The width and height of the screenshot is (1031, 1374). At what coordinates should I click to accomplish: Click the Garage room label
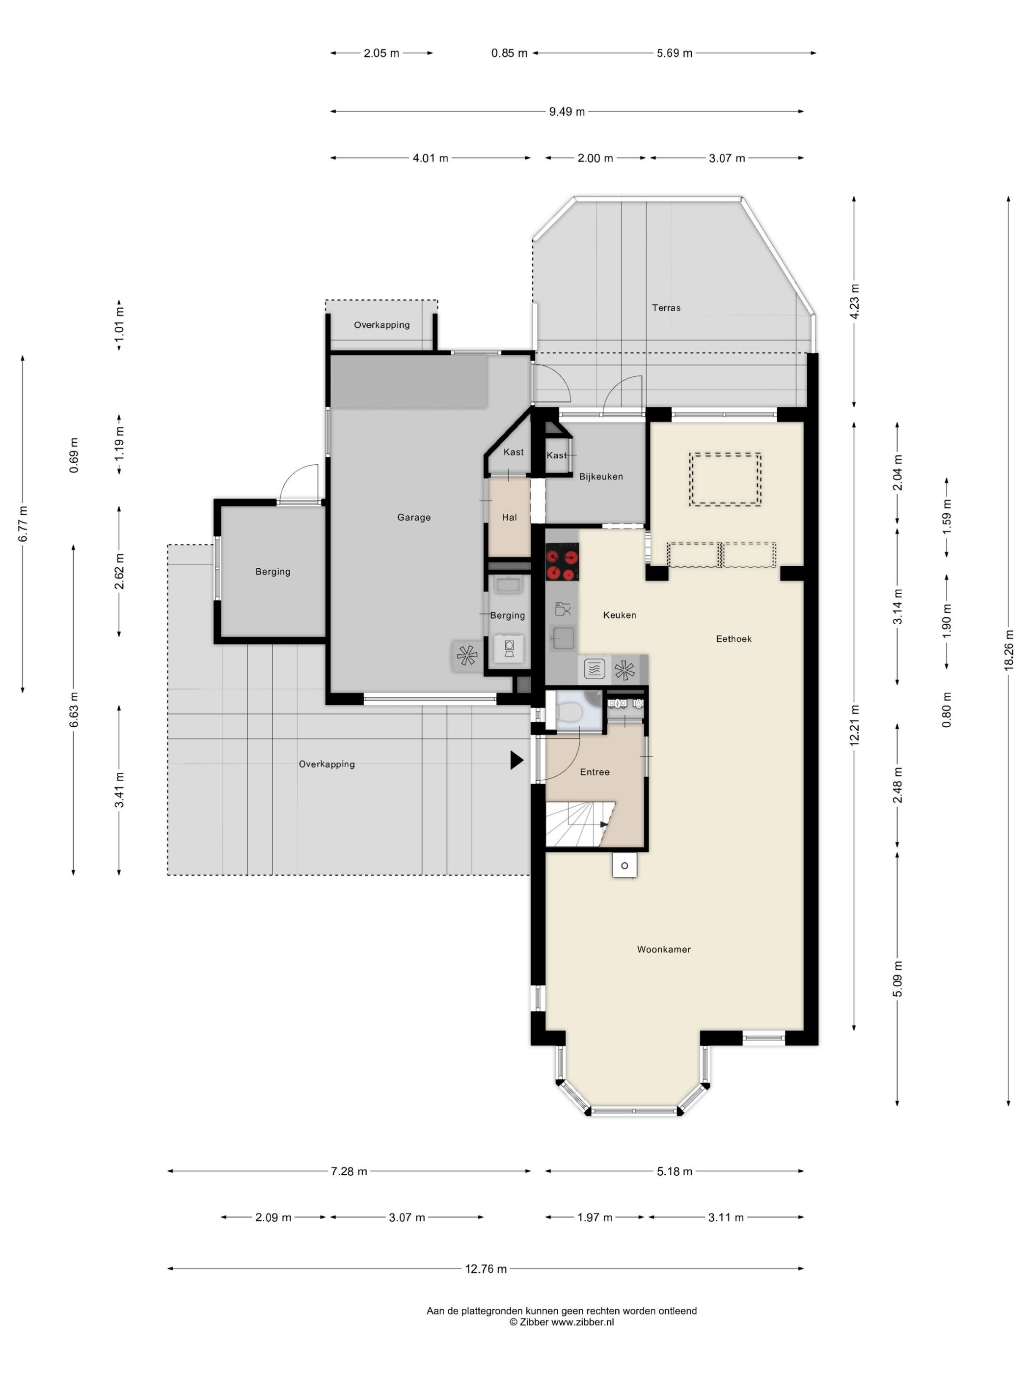[x=414, y=517]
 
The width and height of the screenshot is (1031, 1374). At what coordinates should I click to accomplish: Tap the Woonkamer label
[x=664, y=949]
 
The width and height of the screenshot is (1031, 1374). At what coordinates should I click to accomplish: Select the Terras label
[x=666, y=308]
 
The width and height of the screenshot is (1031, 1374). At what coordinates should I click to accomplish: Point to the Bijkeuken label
[x=601, y=476]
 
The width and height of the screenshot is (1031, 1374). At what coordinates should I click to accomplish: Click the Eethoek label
[x=734, y=638]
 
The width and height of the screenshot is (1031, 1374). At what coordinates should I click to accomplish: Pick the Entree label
[x=595, y=772]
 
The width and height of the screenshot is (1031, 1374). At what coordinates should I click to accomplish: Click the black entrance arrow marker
[x=517, y=760]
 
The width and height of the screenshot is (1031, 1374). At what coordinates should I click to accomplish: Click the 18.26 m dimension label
[x=1008, y=650]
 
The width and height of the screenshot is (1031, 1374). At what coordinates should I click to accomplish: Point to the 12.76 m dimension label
[x=486, y=1269]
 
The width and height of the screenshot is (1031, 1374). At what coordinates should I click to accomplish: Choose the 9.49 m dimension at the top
[x=567, y=112]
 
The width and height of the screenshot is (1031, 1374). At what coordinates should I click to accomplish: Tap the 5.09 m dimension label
[x=897, y=978]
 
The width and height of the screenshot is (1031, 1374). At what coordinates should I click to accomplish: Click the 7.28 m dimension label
[x=349, y=1171]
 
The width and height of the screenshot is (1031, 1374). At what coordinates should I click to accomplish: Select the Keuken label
[x=620, y=615]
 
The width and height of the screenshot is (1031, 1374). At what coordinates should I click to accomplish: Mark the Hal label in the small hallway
[x=509, y=517]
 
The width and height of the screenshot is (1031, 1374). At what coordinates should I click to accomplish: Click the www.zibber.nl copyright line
[x=562, y=1322]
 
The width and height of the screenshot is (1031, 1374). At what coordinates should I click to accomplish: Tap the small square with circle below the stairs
[x=624, y=865]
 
